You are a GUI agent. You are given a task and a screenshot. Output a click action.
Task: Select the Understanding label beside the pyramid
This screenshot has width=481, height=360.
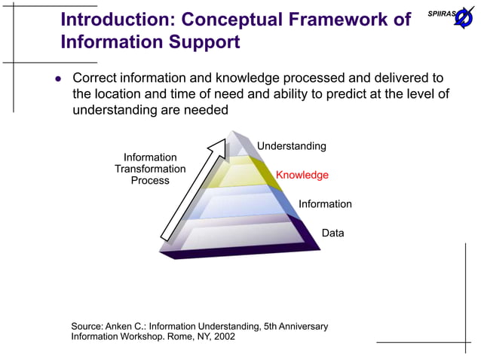[x=292, y=146]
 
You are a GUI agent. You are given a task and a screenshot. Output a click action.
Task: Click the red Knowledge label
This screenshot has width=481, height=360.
[x=302, y=175]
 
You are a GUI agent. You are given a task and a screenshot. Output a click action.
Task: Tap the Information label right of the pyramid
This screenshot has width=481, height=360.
[x=325, y=204]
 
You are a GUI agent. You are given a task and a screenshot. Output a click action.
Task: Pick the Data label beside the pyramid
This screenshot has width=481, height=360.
[x=332, y=233]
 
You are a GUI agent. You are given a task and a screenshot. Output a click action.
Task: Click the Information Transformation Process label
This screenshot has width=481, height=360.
[x=150, y=169]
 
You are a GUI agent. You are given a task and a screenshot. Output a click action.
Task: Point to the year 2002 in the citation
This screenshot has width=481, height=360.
[x=223, y=337]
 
